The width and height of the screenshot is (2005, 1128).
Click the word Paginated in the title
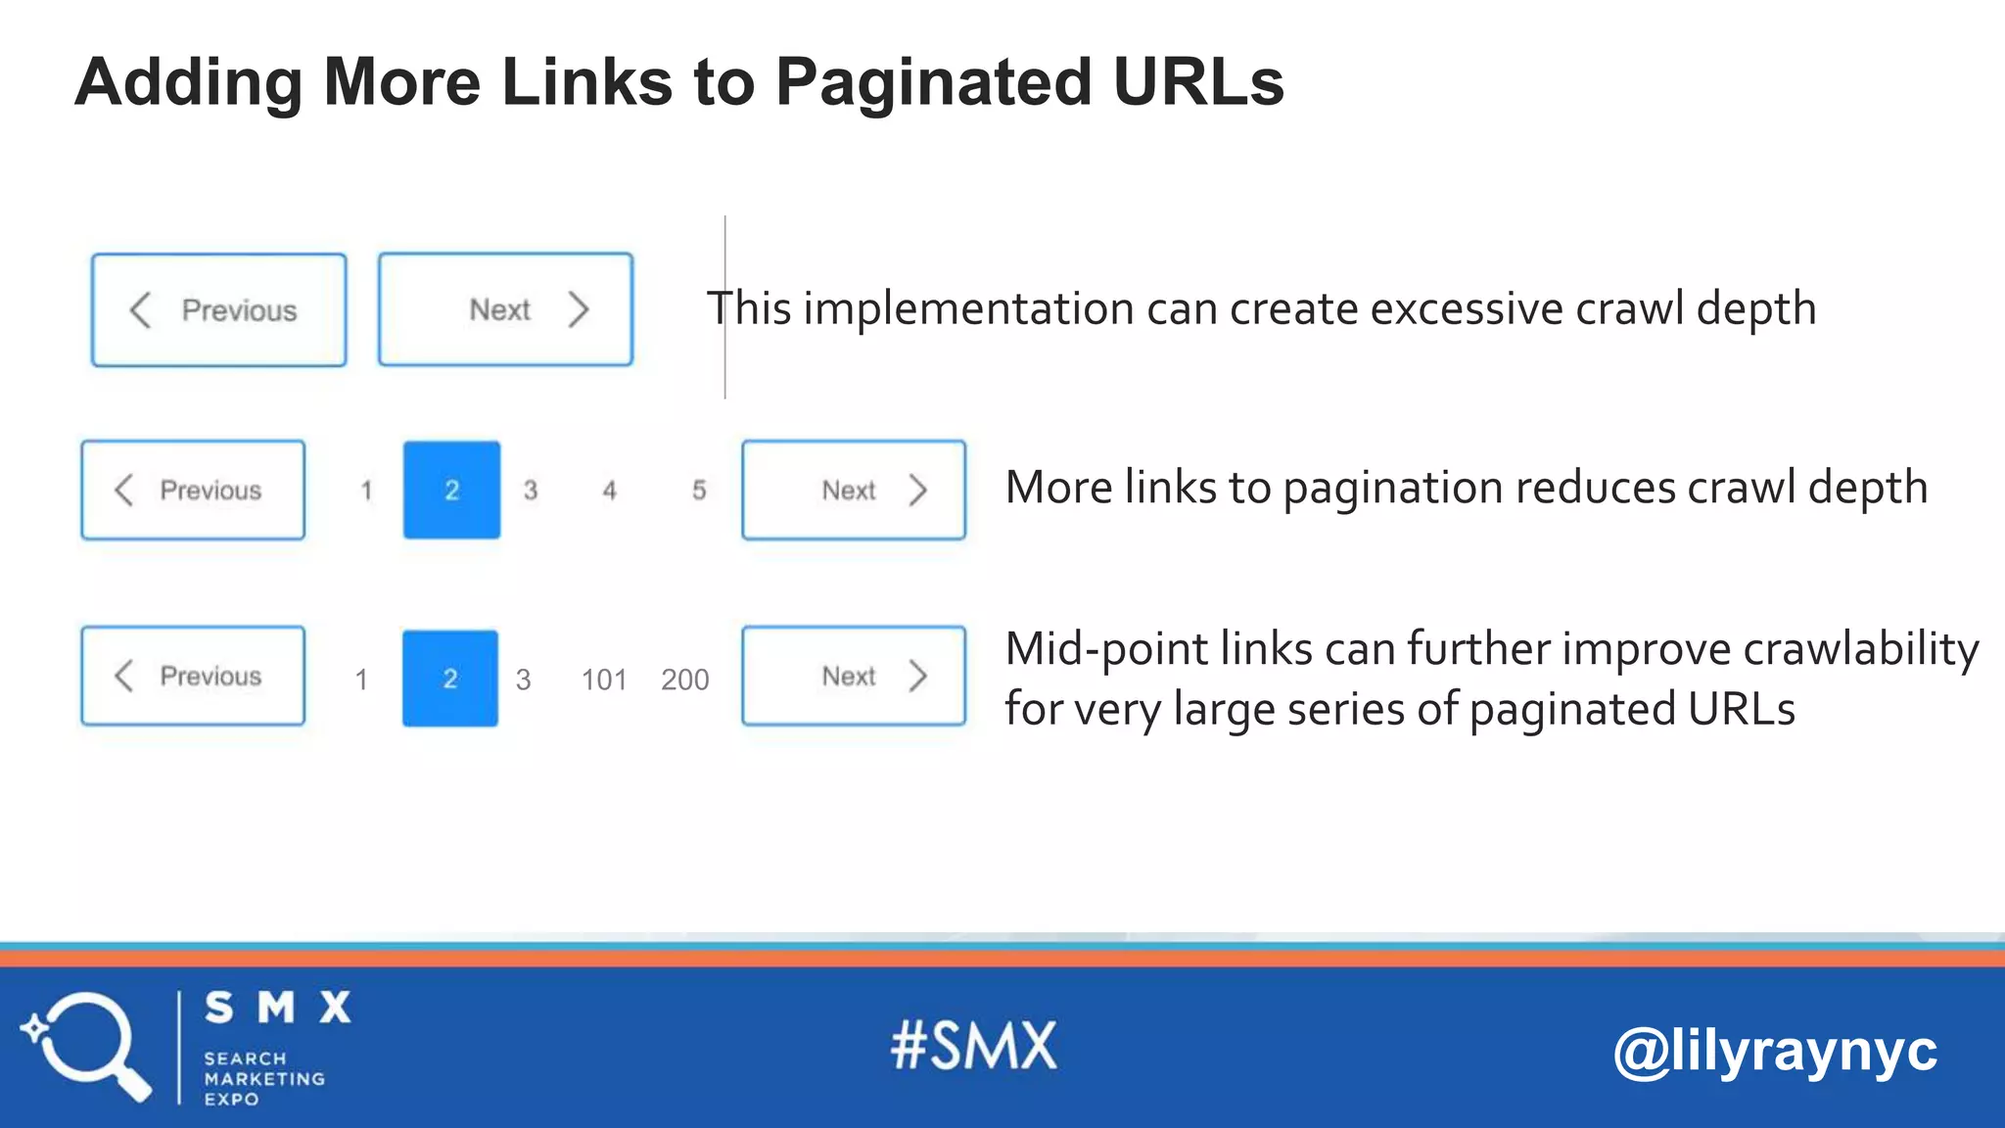(x=933, y=82)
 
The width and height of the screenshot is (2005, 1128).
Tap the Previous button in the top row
(x=218, y=310)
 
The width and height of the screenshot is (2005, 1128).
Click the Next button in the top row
(x=505, y=310)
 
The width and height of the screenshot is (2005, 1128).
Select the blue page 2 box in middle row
(x=451, y=490)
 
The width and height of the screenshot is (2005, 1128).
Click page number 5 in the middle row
(x=699, y=491)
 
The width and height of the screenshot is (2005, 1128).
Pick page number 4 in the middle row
(x=610, y=491)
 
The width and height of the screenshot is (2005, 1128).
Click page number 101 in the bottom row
(x=603, y=680)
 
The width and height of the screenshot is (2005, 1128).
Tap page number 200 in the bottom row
(x=684, y=680)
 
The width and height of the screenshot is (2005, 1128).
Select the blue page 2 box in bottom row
(x=450, y=679)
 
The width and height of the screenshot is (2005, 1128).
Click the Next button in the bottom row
(x=854, y=677)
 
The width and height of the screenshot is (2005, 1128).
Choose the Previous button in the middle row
(x=193, y=490)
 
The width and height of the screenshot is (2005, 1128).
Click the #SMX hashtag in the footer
(x=974, y=1046)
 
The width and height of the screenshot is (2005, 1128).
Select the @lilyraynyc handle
(x=1774, y=1052)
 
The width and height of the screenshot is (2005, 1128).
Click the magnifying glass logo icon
(x=86, y=1046)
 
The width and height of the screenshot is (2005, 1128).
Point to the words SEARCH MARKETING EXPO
(x=262, y=1079)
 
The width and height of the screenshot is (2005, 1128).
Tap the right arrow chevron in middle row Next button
(x=917, y=491)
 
